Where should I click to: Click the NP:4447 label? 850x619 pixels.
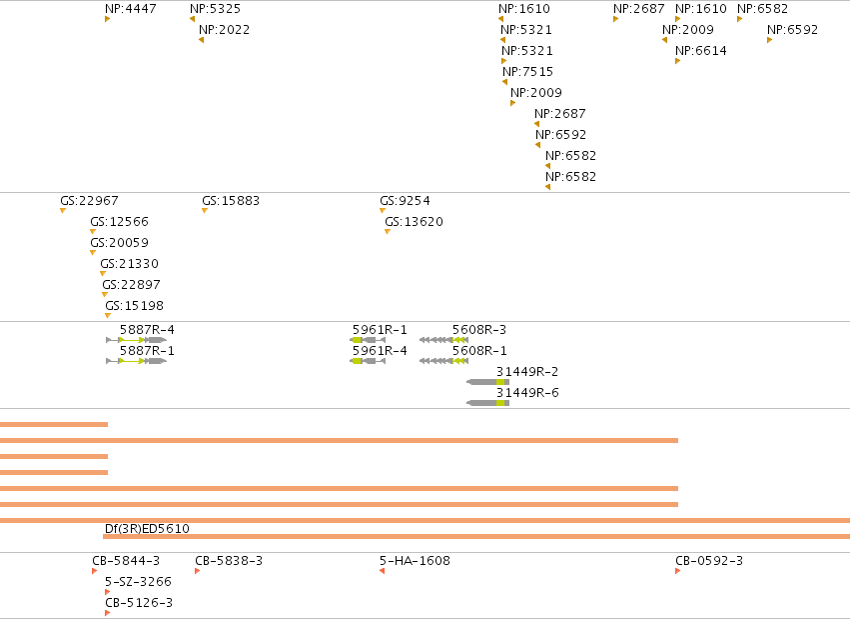coord(131,9)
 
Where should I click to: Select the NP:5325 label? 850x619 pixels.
coord(215,9)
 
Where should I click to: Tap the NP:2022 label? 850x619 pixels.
coord(225,30)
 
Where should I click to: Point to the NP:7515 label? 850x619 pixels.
coord(528,72)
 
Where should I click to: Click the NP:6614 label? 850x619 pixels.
coord(701,51)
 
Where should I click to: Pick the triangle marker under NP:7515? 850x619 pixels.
coord(505,82)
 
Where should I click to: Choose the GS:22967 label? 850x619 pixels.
coord(90,201)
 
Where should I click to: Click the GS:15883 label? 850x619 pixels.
coord(231,201)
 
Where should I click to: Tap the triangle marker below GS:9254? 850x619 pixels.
coord(383,210)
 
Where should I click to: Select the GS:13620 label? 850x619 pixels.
coord(415,222)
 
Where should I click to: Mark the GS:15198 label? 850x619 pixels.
coord(135,306)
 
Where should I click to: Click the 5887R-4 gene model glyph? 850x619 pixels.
coord(137,340)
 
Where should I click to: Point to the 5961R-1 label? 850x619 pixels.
coord(380,330)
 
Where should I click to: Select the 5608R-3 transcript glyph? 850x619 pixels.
coord(443,340)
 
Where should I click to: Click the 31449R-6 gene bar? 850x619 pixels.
coord(487,403)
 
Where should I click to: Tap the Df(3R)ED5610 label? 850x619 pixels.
coord(147,528)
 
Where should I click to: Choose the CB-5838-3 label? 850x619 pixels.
coord(229,560)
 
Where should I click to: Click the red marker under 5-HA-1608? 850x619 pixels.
coord(383,571)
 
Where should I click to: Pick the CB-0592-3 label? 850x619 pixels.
coord(709,560)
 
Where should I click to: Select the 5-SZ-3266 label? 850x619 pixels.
coord(138,582)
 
